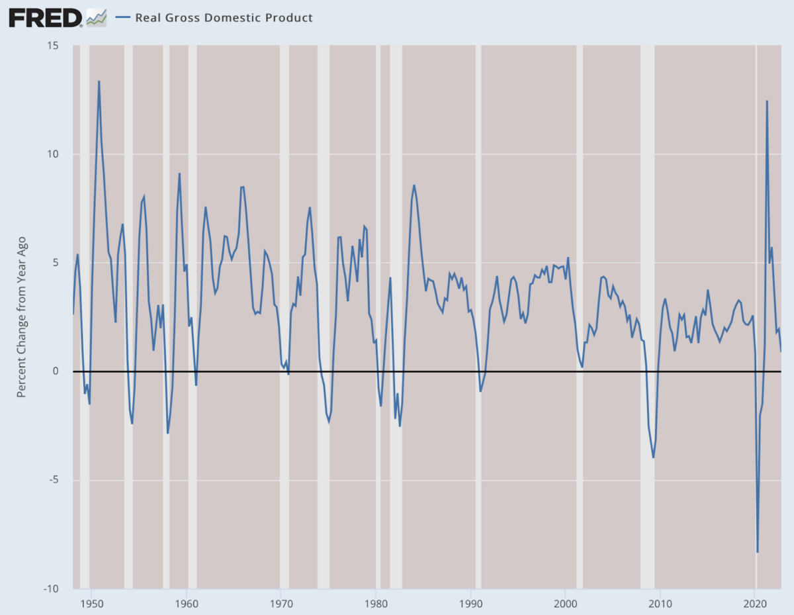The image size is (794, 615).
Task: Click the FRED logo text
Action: (45, 18)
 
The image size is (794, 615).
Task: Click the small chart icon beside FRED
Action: (97, 18)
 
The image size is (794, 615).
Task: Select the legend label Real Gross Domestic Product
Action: (224, 18)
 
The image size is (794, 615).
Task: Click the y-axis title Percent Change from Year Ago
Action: (21, 317)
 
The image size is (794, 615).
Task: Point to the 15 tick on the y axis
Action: (53, 46)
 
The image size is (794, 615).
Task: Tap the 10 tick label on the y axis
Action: (53, 154)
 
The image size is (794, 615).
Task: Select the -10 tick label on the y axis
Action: (50, 589)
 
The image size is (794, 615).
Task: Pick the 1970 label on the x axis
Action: (281, 603)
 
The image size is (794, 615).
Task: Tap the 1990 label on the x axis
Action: (470, 603)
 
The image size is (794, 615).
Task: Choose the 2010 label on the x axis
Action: (660, 603)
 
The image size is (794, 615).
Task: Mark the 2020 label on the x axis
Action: (755, 603)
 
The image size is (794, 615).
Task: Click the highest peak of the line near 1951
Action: (99, 81)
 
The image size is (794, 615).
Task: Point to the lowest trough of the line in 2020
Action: (758, 552)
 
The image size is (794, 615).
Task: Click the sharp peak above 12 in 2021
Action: (767, 101)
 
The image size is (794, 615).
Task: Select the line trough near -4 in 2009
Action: (653, 457)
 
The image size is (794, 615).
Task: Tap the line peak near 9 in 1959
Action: (179, 173)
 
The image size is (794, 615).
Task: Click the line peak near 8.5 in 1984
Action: (414, 185)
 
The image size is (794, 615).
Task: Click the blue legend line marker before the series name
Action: (122, 18)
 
